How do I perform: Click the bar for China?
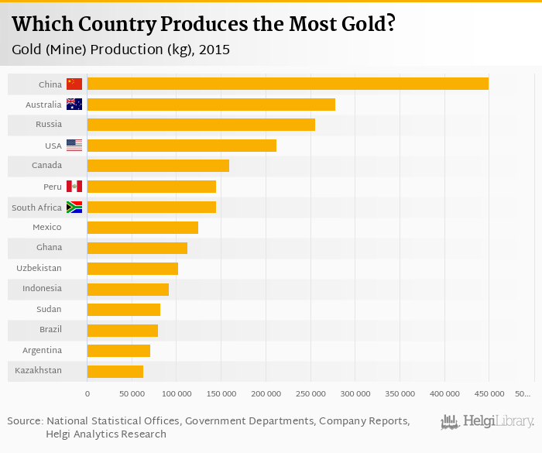[x=287, y=84]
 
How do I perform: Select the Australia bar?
[x=211, y=105]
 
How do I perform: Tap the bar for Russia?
[x=201, y=125]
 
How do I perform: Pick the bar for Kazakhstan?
[x=115, y=371]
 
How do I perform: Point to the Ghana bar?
[x=137, y=248]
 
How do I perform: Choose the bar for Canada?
[x=158, y=166]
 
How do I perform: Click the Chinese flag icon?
[x=74, y=84]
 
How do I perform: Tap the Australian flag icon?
[x=74, y=105]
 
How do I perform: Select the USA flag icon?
[x=74, y=145]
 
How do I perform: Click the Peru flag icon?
[x=74, y=186]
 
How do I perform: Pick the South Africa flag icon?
[x=74, y=207]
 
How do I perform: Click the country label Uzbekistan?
[x=39, y=268]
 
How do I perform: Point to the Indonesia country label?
[x=42, y=289]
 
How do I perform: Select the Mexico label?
[x=46, y=227]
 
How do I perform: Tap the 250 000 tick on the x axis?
[x=310, y=393]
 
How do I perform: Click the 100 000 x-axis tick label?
[x=177, y=393]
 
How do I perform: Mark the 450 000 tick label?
[x=489, y=393]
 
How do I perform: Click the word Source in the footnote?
[x=25, y=420]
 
